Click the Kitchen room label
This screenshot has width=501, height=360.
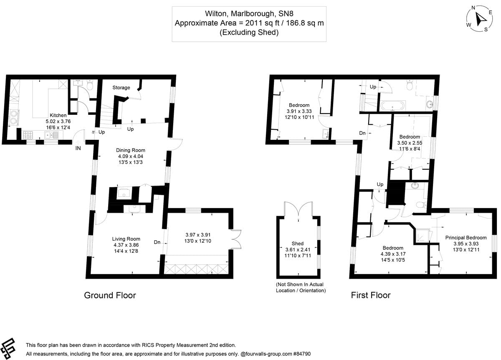pyautogui.click(x=58, y=115)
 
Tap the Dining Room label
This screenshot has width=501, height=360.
pyautogui.click(x=131, y=150)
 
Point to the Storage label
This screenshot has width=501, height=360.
pyautogui.click(x=121, y=88)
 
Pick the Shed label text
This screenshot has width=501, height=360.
pyautogui.click(x=298, y=243)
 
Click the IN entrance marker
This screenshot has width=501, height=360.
pyautogui.click(x=78, y=148)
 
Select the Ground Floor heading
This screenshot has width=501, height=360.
pyautogui.click(x=110, y=295)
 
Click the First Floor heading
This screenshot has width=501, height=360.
pyautogui.click(x=370, y=295)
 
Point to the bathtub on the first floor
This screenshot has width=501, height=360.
pyautogui.click(x=391, y=105)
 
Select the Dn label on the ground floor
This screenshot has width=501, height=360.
pyautogui.click(x=157, y=242)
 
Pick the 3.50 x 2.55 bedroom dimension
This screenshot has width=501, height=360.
pyautogui.click(x=410, y=143)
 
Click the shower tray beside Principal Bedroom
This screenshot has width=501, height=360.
pyautogui.click(x=421, y=236)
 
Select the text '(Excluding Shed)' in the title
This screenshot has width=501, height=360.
pyautogui.click(x=249, y=33)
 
